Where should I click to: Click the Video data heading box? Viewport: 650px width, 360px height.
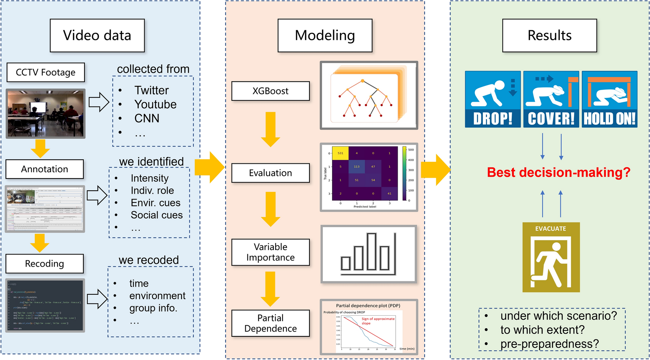[97, 35]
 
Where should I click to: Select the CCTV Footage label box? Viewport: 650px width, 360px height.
[45, 72]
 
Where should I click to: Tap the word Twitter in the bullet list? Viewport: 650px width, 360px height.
[151, 90]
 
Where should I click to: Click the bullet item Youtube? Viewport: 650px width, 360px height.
[155, 104]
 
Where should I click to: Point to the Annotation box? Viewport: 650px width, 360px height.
[45, 169]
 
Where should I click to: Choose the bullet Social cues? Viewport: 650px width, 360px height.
[156, 215]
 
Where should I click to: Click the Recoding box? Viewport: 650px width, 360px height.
[45, 263]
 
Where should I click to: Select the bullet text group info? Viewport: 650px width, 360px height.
[153, 308]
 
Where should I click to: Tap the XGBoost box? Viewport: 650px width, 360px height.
[270, 91]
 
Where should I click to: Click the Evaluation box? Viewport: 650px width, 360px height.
[270, 173]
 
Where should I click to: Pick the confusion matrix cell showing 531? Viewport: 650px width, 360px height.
[340, 153]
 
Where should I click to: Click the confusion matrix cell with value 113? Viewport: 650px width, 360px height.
[356, 167]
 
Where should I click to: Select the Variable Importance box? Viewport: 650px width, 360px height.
[270, 252]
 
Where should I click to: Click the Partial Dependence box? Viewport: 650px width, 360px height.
[270, 323]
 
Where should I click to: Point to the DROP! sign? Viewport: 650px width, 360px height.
[492, 99]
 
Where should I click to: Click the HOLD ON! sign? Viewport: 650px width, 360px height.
[609, 99]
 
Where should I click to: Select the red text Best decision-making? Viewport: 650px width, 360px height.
[559, 173]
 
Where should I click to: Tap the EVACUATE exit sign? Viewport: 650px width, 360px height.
[551, 257]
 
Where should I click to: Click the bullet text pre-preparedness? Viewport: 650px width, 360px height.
[549, 344]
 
